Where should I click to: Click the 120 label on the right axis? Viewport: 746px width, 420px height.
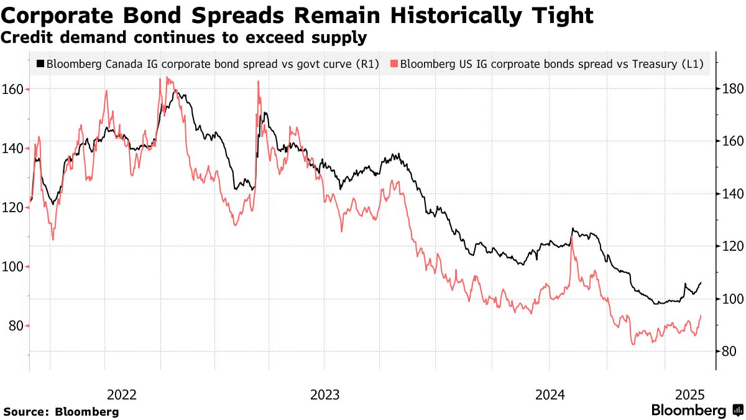point(729,246)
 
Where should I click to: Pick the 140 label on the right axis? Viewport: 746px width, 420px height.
point(729,194)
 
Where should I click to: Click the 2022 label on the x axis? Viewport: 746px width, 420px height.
point(122,394)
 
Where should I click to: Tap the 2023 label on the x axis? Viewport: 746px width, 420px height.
point(325,394)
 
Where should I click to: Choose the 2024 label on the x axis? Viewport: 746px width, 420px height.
point(550,394)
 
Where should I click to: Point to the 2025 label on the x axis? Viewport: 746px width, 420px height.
point(689,394)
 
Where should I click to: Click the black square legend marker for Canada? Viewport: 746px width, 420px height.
point(40,64)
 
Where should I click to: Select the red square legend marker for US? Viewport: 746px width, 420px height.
point(394,64)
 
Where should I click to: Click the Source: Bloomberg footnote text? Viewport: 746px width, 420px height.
point(61,411)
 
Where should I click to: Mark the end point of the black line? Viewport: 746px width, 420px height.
point(701,283)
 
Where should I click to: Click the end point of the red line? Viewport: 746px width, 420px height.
point(701,316)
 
